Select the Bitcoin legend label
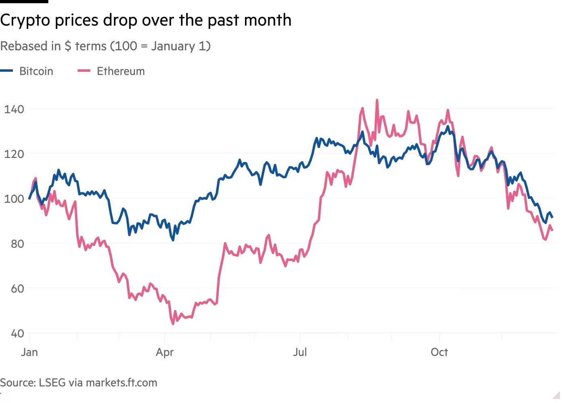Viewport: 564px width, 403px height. (x=36, y=71)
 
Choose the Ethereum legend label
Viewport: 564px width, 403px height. (x=120, y=71)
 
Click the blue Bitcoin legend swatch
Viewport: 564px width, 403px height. (x=7, y=71)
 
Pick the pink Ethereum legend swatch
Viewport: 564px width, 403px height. (x=84, y=71)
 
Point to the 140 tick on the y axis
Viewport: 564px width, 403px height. (x=14, y=109)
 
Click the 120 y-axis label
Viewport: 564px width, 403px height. (x=14, y=154)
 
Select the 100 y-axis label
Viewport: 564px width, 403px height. (x=14, y=199)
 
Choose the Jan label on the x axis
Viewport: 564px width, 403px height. (x=29, y=352)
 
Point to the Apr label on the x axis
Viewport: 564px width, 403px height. (x=165, y=352)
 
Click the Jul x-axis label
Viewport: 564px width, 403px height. (x=300, y=352)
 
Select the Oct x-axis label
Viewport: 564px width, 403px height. (x=439, y=352)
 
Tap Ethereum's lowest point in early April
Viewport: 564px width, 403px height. (x=173, y=324)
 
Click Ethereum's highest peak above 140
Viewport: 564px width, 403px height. (x=377, y=100)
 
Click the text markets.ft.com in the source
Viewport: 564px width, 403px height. (x=121, y=383)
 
